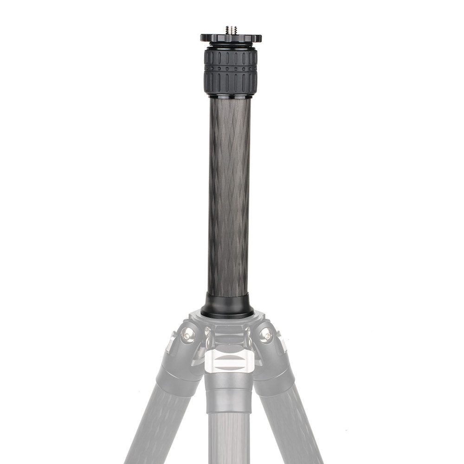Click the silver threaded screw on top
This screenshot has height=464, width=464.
tap(231, 30)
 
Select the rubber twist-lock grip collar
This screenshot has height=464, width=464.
tap(231, 72)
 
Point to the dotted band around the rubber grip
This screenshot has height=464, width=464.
tap(231, 68)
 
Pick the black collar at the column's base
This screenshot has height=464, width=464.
tap(227, 306)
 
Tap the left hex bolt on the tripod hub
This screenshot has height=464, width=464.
tap(188, 334)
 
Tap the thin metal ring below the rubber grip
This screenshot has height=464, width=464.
tap(231, 96)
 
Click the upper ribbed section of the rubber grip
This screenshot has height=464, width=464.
tap(231, 58)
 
